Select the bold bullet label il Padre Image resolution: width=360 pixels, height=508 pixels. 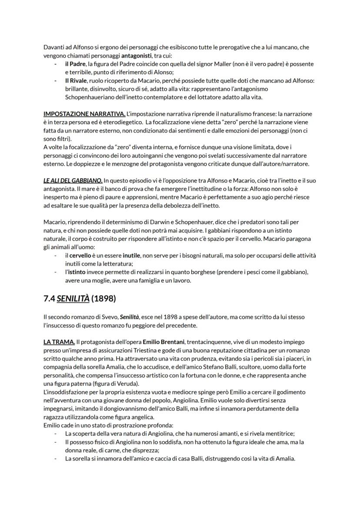point(75,64)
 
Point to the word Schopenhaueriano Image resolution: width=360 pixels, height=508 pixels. point(89,97)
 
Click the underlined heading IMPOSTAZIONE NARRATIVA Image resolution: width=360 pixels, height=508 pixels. point(84,114)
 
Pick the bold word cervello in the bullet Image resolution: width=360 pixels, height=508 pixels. point(80,255)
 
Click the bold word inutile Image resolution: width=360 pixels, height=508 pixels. point(131,255)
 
